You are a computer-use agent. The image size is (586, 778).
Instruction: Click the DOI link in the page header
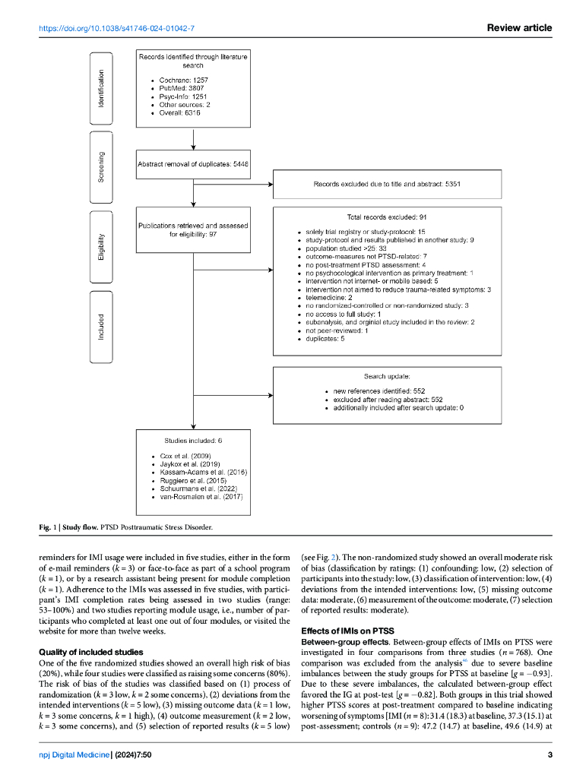pyautogui.click(x=116, y=28)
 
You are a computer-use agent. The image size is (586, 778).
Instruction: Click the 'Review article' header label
pyautogui.click(x=519, y=28)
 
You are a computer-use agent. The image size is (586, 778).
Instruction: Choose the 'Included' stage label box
pyautogui.click(x=102, y=326)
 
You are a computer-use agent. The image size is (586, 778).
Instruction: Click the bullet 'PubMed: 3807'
pyautogui.click(x=181, y=88)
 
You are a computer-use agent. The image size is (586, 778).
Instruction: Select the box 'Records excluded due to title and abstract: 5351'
pyautogui.click(x=388, y=185)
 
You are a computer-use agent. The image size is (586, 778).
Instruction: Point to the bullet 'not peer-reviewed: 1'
pyautogui.click(x=337, y=330)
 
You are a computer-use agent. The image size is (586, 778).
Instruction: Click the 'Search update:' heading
pyautogui.click(x=388, y=376)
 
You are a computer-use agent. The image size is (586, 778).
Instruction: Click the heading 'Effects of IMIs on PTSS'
pyautogui.click(x=348, y=631)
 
